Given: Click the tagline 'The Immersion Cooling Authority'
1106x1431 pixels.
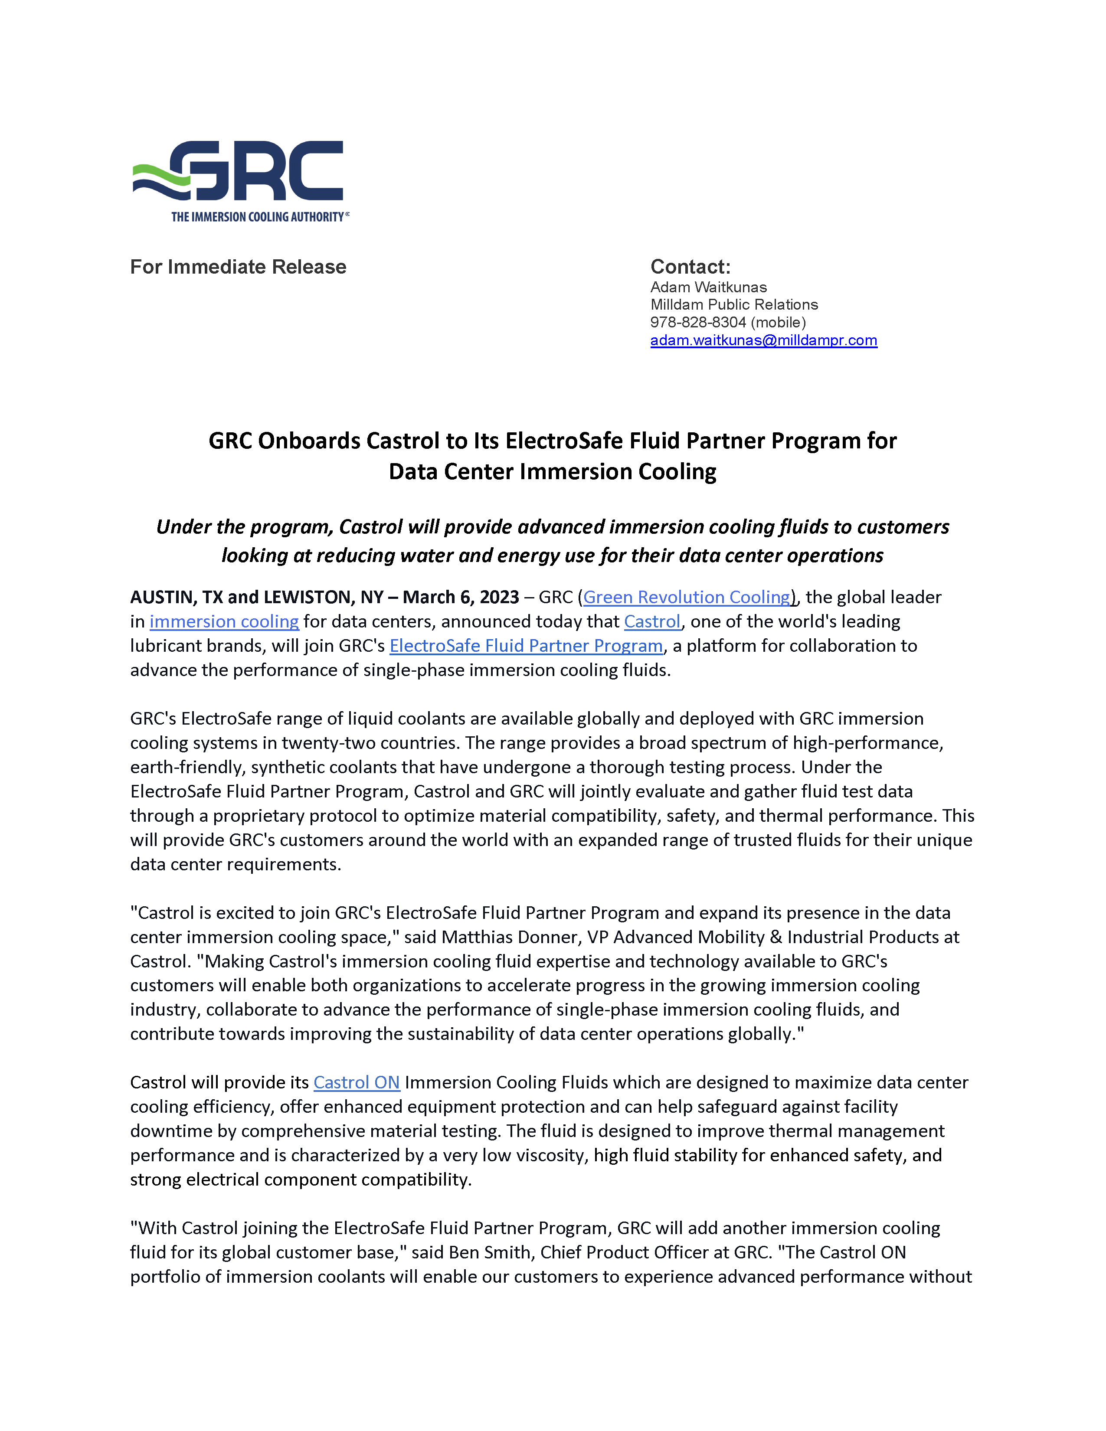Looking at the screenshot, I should [x=259, y=217].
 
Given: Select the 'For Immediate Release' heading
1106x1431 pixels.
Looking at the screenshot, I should [x=238, y=267].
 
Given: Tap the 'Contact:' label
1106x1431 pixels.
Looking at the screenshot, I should [x=690, y=267].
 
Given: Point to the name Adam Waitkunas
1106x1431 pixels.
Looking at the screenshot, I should [x=708, y=287].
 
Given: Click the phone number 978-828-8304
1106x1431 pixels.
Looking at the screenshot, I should [x=698, y=322].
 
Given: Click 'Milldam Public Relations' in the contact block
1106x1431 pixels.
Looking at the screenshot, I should [x=734, y=305].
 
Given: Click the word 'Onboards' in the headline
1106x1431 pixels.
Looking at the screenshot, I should [x=308, y=441].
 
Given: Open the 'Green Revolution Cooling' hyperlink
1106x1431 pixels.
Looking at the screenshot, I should [x=687, y=597].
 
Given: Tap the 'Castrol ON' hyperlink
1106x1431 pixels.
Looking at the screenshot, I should [x=357, y=1082].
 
